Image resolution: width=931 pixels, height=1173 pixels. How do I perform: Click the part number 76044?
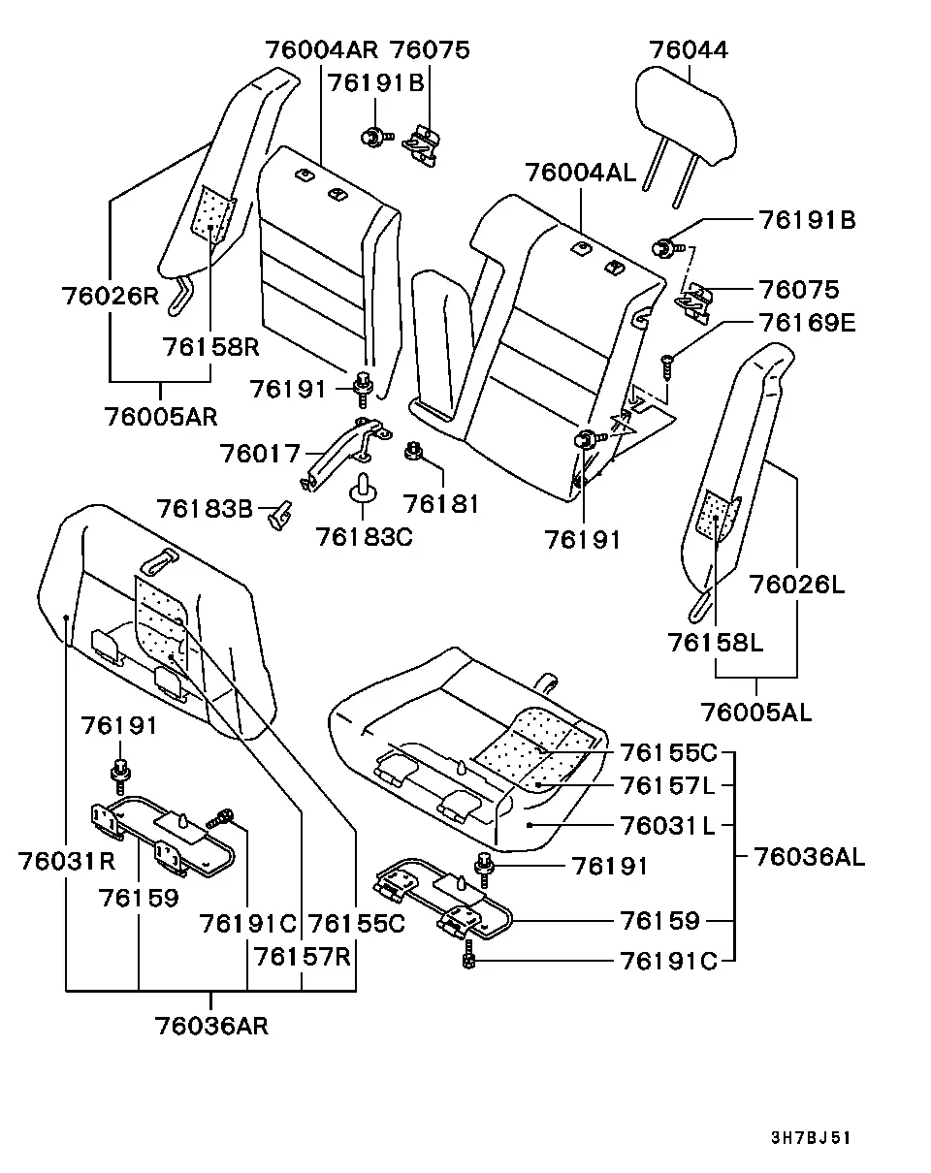(x=689, y=50)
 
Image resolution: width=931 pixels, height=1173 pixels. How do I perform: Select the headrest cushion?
(x=686, y=114)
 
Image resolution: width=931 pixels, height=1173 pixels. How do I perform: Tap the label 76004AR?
(x=322, y=50)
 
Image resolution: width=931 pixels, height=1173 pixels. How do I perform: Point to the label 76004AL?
(x=581, y=173)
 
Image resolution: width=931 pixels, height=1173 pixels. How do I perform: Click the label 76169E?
(x=807, y=323)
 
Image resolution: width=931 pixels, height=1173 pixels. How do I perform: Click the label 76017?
(x=260, y=454)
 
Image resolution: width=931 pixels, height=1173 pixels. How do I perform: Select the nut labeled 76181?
(x=413, y=452)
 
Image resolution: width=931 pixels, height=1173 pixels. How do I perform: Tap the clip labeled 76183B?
(x=280, y=516)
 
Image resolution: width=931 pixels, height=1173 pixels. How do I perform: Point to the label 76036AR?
(x=211, y=1026)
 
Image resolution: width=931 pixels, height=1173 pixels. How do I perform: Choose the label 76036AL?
(x=810, y=856)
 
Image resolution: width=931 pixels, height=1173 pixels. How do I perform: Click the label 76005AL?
(x=756, y=713)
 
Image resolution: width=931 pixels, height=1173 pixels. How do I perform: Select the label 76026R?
(x=111, y=296)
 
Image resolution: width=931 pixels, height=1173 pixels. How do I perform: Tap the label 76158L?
(x=716, y=643)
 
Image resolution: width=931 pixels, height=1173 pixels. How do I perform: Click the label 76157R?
(x=303, y=957)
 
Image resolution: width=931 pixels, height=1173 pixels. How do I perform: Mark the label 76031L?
(x=667, y=826)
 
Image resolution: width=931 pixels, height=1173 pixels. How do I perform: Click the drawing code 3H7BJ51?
(x=811, y=1137)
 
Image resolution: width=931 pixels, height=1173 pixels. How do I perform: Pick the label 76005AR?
(x=161, y=417)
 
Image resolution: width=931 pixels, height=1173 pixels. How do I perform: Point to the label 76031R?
(x=67, y=861)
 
